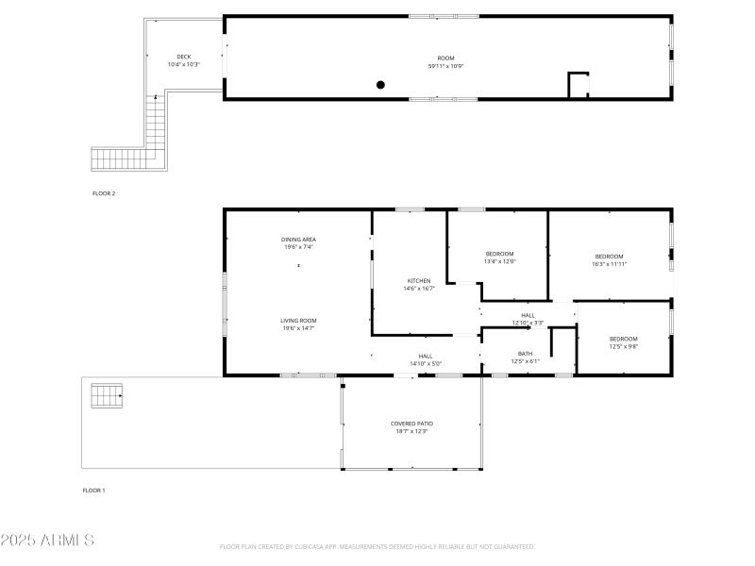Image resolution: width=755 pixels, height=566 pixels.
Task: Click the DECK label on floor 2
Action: pyautogui.click(x=184, y=57)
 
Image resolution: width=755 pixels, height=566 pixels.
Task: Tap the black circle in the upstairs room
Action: pyautogui.click(x=381, y=85)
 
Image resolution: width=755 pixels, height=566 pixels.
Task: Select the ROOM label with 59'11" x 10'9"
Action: pyautogui.click(x=446, y=58)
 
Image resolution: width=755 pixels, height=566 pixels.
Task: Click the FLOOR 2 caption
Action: pyautogui.click(x=104, y=193)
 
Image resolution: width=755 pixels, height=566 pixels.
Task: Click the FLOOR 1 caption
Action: pyautogui.click(x=94, y=491)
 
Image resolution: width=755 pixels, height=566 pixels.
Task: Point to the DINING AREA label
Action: pyautogui.click(x=298, y=240)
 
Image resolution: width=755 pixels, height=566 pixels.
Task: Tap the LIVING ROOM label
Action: pyautogui.click(x=298, y=321)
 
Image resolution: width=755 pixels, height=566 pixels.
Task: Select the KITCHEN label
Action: pyautogui.click(x=419, y=281)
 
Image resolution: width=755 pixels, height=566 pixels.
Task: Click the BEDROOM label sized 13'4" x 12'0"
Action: pyautogui.click(x=499, y=254)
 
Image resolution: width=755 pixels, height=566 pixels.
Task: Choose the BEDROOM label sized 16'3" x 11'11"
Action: pyautogui.click(x=609, y=257)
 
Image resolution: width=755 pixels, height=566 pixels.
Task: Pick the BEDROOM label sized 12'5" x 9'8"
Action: pyautogui.click(x=623, y=339)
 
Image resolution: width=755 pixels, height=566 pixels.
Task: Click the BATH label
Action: pyautogui.click(x=525, y=354)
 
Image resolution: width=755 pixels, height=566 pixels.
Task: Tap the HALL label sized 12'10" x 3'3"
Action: pyautogui.click(x=528, y=315)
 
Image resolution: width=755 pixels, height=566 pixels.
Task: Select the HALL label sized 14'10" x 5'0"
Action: pyautogui.click(x=426, y=356)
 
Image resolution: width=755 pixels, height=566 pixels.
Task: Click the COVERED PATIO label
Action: pyautogui.click(x=411, y=424)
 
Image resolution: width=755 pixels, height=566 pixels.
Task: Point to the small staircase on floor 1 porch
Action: pyautogui.click(x=107, y=395)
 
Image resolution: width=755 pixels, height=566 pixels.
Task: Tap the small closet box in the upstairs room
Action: pyautogui.click(x=578, y=85)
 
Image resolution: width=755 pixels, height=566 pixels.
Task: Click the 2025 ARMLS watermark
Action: pyautogui.click(x=47, y=541)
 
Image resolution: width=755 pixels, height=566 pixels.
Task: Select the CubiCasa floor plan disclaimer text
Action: pyautogui.click(x=377, y=547)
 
